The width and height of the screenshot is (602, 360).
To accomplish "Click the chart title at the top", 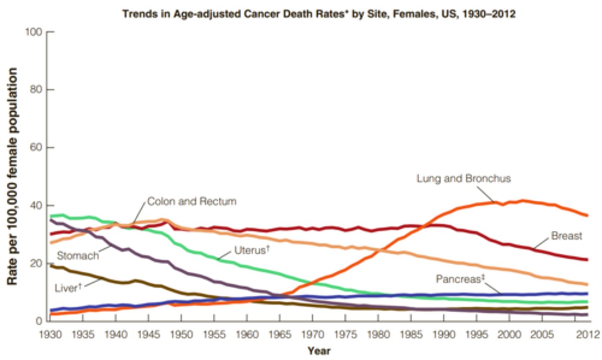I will (x=319, y=14).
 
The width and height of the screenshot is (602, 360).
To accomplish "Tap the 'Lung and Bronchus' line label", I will (x=463, y=179).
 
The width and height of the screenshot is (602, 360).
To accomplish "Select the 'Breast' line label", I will (x=566, y=236).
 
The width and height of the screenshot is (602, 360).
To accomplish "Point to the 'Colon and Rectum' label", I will (x=192, y=202).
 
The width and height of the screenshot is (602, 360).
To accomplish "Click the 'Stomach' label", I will (x=78, y=255).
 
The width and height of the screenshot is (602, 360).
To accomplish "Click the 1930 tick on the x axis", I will (x=50, y=335).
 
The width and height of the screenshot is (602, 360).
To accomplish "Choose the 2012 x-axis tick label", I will (x=587, y=335).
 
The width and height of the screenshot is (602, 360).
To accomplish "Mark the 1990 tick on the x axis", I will (x=444, y=335).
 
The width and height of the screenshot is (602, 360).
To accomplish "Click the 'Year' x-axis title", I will (x=319, y=351).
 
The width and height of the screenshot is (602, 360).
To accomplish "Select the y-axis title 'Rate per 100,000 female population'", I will (x=12, y=176).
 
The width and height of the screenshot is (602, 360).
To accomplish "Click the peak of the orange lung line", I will (x=523, y=201).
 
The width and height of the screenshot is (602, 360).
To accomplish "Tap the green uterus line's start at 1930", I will (x=51, y=216).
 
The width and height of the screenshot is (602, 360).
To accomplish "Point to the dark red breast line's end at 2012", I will (x=587, y=260).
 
